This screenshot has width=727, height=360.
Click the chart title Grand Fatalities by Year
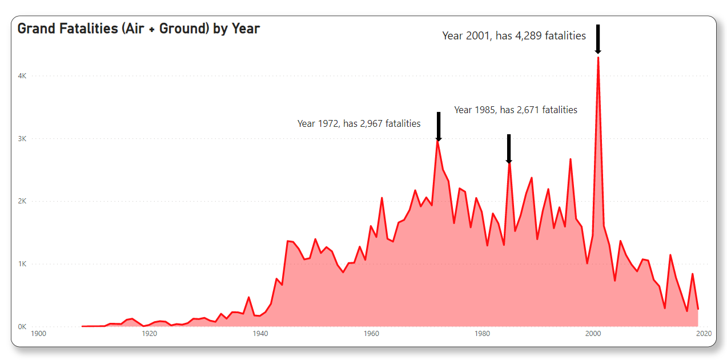pyautogui.click(x=139, y=29)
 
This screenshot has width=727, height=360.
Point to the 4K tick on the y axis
pyautogui.click(x=23, y=76)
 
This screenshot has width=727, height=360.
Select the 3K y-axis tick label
pyautogui.click(x=23, y=139)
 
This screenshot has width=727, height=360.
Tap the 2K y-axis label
pyautogui.click(x=23, y=202)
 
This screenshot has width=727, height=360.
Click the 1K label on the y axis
pyautogui.click(x=23, y=264)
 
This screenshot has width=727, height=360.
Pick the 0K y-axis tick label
pyautogui.click(x=23, y=327)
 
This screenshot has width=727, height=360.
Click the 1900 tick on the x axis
pyautogui.click(x=39, y=334)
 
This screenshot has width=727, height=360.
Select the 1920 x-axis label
pyautogui.click(x=150, y=334)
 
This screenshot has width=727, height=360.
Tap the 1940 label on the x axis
pyautogui.click(x=260, y=334)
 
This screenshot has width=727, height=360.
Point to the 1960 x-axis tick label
pyautogui.click(x=371, y=334)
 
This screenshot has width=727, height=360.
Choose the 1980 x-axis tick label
pyautogui.click(x=483, y=334)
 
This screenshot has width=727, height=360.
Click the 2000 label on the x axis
pyautogui.click(x=593, y=334)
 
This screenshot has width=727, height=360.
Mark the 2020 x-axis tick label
pyautogui.click(x=704, y=334)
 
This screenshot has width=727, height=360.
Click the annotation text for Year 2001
pyautogui.click(x=514, y=36)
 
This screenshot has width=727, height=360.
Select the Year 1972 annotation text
pyautogui.click(x=359, y=123)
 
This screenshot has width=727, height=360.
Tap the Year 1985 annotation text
pyautogui.click(x=516, y=110)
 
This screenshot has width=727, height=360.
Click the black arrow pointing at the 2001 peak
pyautogui.click(x=598, y=39)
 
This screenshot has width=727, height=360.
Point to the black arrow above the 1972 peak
pyautogui.click(x=439, y=126)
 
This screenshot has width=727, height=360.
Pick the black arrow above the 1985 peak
pyautogui.click(x=508, y=149)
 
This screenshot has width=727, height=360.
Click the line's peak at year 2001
pyautogui.click(x=598, y=57)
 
